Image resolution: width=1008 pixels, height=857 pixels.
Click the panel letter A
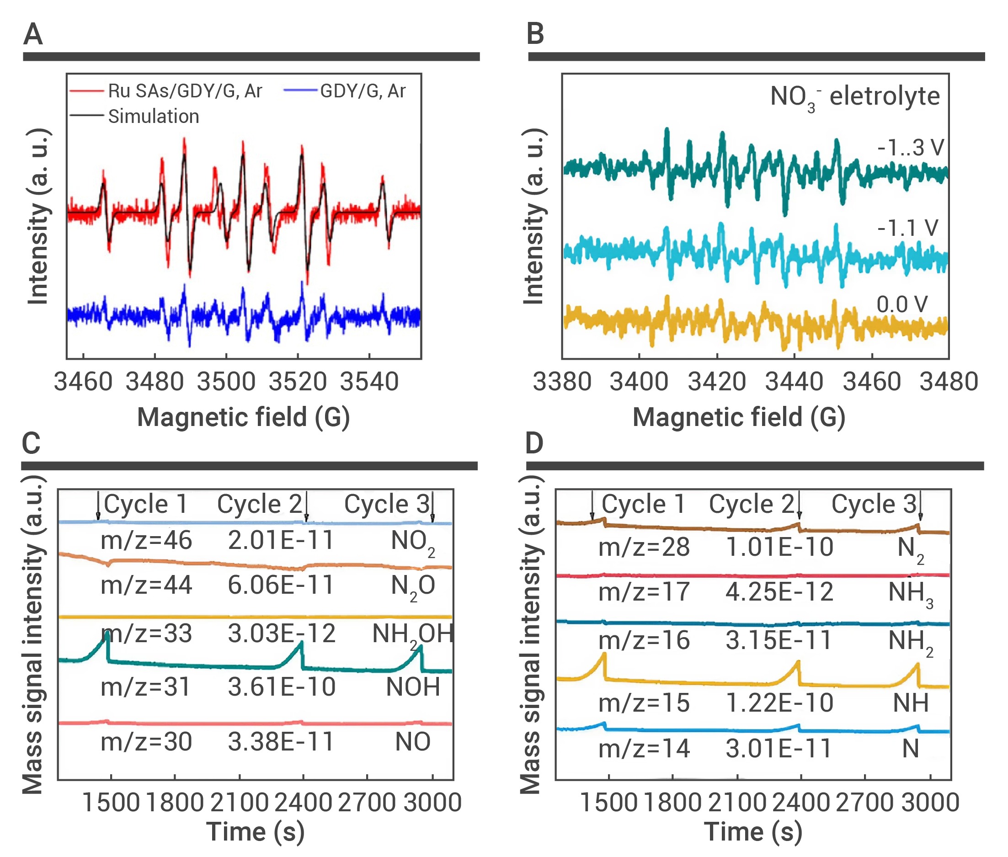[x=33, y=34]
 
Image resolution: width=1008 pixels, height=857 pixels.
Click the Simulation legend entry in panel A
[x=153, y=116]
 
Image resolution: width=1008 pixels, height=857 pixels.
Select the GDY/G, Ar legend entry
[x=363, y=91]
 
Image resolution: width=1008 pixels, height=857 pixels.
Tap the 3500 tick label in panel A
[x=226, y=381]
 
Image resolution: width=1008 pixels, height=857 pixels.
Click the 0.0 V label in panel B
[x=901, y=304]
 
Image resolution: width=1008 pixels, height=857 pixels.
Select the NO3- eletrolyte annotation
[x=854, y=97]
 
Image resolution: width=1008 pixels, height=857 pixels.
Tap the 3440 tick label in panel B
[x=794, y=381]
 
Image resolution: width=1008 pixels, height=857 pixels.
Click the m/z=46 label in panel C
[x=146, y=540]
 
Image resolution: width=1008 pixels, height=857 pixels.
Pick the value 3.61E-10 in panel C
[x=282, y=687]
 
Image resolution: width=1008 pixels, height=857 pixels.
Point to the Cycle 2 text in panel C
[x=259, y=504]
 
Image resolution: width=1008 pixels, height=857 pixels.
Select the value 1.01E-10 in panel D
[x=779, y=547]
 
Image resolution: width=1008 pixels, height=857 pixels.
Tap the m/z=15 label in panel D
[x=644, y=703]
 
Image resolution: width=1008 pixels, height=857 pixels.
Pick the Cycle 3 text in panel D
[x=874, y=504]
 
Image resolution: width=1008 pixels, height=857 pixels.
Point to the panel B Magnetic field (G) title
[x=738, y=417]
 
